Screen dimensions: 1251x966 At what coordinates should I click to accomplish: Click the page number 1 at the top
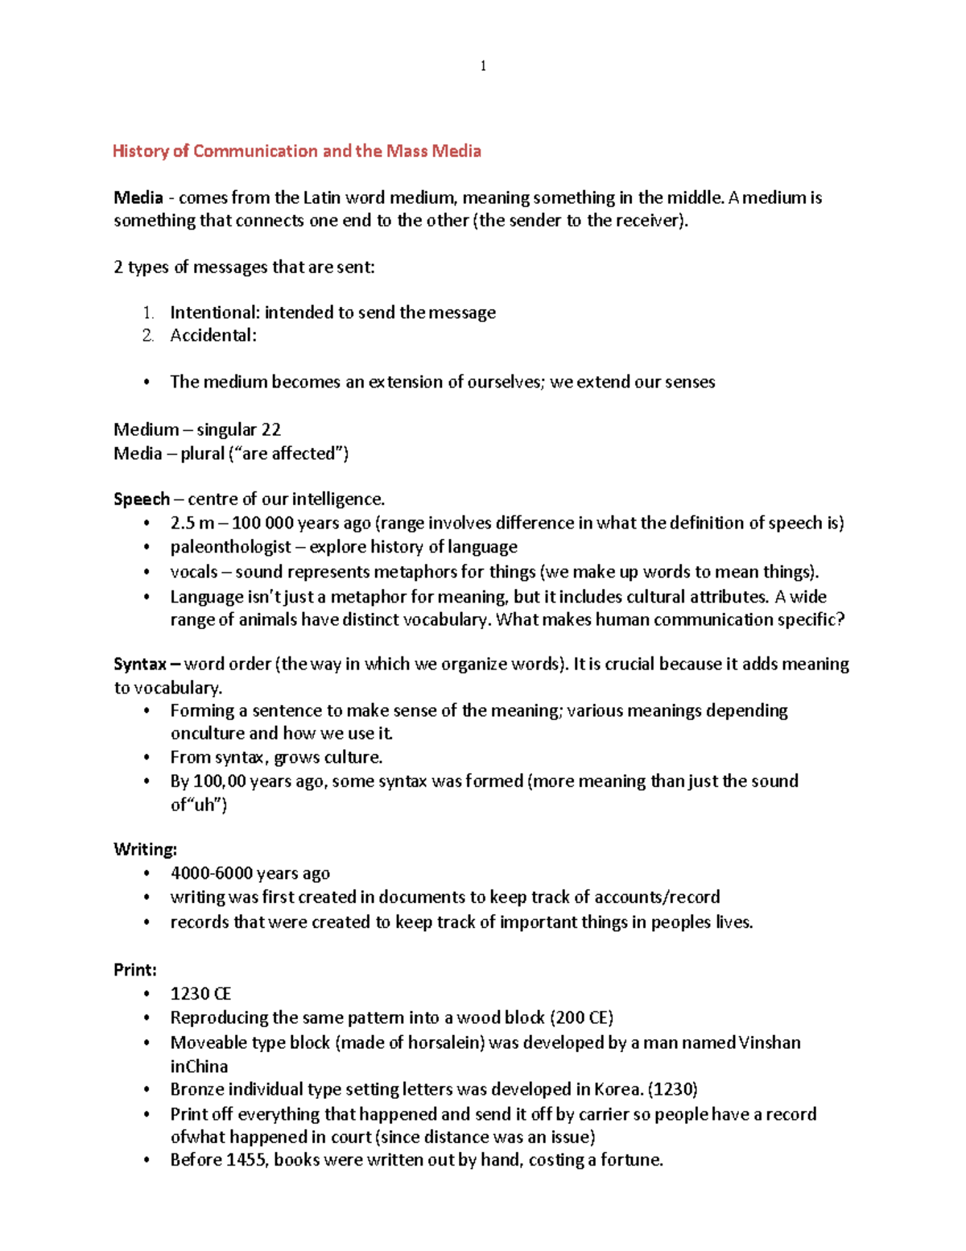pyautogui.click(x=482, y=66)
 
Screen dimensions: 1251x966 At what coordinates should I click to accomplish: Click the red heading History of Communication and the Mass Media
pyautogui.click(x=296, y=151)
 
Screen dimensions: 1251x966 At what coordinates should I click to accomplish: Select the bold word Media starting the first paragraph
pyautogui.click(x=138, y=197)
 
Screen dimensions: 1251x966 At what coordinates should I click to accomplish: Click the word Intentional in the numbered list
pyautogui.click(x=214, y=313)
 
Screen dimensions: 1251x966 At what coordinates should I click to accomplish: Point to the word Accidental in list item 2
pyautogui.click(x=213, y=335)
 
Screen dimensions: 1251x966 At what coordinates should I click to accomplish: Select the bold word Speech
pyautogui.click(x=142, y=499)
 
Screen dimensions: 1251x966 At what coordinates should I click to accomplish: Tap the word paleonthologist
pyautogui.click(x=230, y=547)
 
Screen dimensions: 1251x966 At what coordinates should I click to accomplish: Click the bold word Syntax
pyautogui.click(x=140, y=664)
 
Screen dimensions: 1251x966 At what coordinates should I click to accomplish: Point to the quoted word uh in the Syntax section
pyautogui.click(x=208, y=804)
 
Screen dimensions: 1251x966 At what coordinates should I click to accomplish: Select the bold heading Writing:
pyautogui.click(x=145, y=849)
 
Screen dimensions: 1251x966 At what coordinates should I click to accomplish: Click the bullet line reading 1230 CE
pyautogui.click(x=200, y=993)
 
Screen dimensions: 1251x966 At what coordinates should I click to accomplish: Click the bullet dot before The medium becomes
pyautogui.click(x=147, y=383)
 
